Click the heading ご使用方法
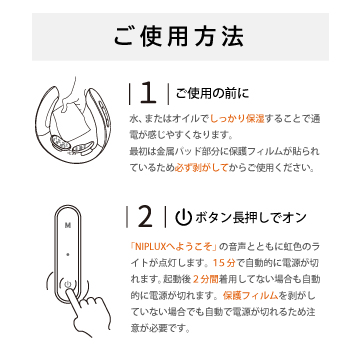(179, 36)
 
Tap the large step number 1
(148, 94)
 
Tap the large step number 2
(145, 217)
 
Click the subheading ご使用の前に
(212, 94)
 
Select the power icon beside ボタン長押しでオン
(184, 218)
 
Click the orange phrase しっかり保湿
(237, 118)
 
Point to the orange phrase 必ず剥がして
(201, 168)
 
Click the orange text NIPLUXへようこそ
(174, 247)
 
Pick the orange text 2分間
(206, 279)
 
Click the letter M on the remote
(68, 225)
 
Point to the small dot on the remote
(68, 255)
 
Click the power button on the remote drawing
(68, 284)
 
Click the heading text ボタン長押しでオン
(250, 218)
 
